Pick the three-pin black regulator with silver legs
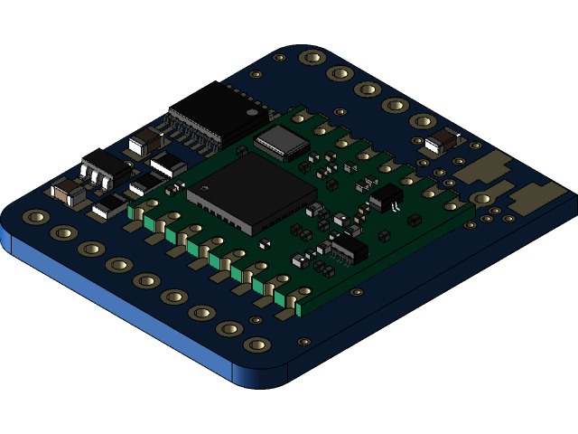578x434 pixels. pyautogui.click(x=106, y=166)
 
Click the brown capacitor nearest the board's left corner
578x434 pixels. pyautogui.click(x=69, y=191)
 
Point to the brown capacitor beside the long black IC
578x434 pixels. pyautogui.click(x=144, y=142)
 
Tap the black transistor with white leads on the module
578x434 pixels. pyautogui.click(x=386, y=196)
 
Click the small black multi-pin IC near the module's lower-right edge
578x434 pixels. pyautogui.click(x=349, y=248)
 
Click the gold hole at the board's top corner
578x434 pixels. pyautogui.click(x=312, y=58)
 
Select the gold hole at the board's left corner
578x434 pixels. pyautogui.click(x=36, y=217)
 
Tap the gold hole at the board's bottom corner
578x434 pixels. pyautogui.click(x=257, y=344)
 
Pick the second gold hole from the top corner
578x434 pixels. pyautogui.click(x=340, y=73)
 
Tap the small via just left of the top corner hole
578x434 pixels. pyautogui.click(x=280, y=57)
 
